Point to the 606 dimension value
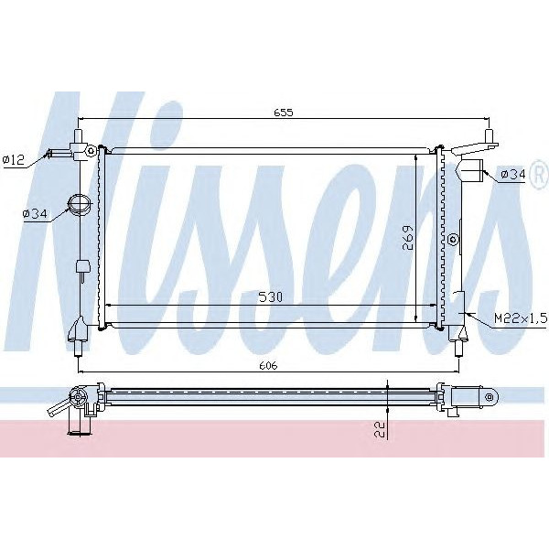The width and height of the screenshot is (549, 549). pyautogui.click(x=267, y=365)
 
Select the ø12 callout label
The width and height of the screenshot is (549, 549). pyautogui.click(x=14, y=159)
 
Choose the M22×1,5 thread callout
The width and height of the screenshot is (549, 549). pyautogui.click(x=520, y=317)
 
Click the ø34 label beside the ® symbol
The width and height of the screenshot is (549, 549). pyautogui.click(x=512, y=176)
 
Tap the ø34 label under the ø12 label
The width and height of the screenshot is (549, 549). pyautogui.click(x=34, y=214)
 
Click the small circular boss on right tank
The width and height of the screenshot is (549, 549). pyautogui.click(x=452, y=240)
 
